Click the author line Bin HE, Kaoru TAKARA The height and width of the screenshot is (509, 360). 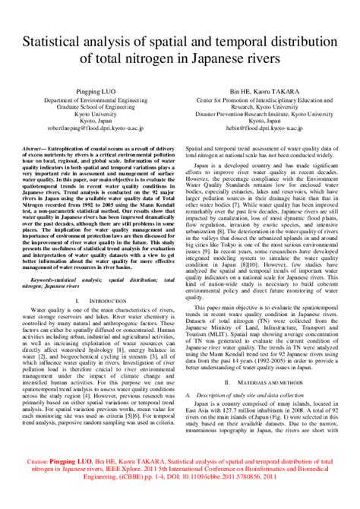(x=270, y=90)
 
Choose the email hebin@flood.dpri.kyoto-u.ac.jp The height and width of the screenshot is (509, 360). (x=270, y=129)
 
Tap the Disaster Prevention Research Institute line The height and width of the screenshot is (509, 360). (x=270, y=115)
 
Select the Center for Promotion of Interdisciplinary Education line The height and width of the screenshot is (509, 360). (x=270, y=100)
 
